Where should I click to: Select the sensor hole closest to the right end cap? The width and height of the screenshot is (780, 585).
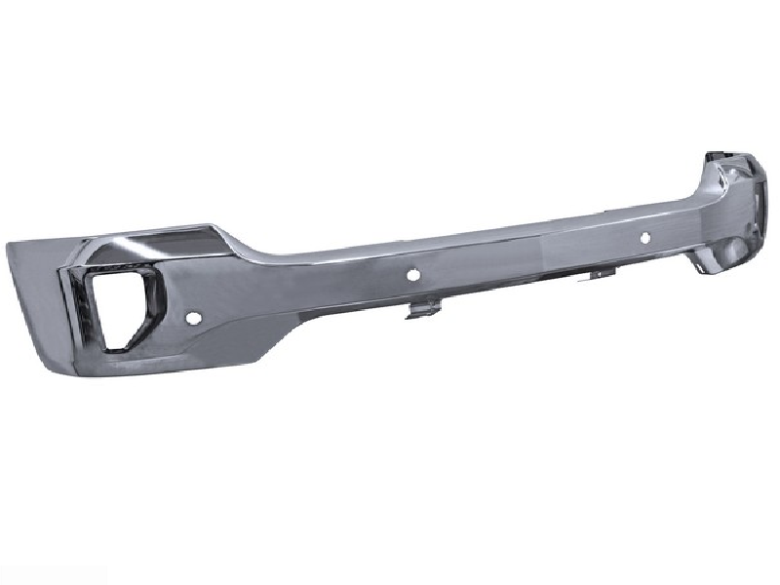click(644, 237)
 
